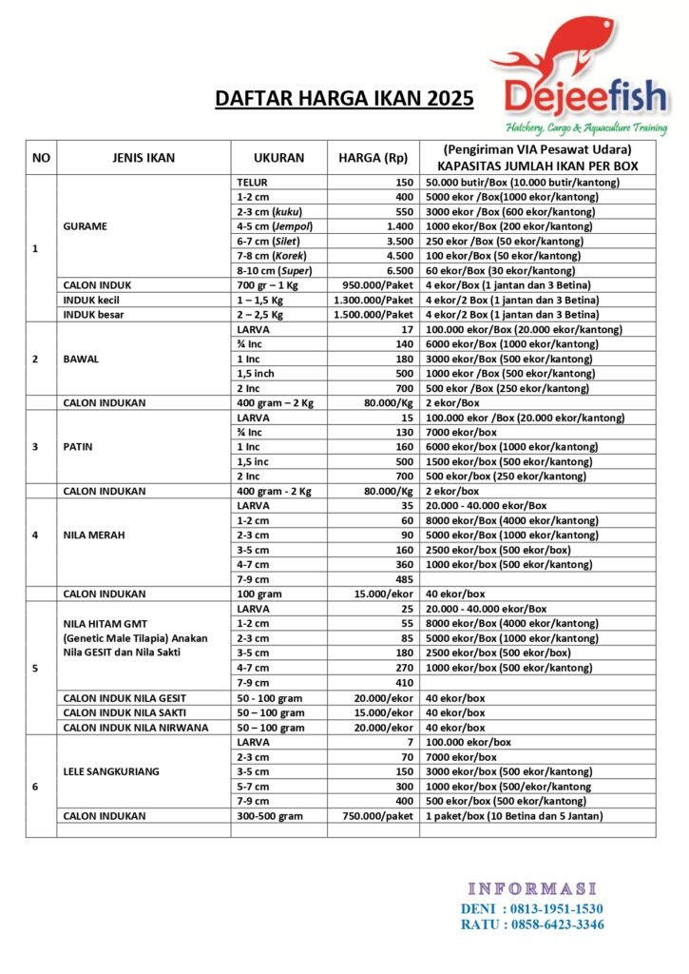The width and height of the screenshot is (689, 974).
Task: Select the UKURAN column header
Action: pyautogui.click(x=278, y=158)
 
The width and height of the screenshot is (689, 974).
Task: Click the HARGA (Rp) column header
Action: pyautogui.click(x=373, y=158)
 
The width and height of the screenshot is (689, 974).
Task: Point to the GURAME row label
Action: pyautogui.click(x=85, y=226)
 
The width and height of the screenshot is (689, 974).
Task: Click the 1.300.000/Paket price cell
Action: pyautogui.click(x=373, y=300)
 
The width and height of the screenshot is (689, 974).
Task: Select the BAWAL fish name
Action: pyautogui.click(x=82, y=359)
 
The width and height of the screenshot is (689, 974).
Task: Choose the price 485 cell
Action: pyautogui.click(x=402, y=578)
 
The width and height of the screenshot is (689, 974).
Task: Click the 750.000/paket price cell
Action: pyautogui.click(x=380, y=815)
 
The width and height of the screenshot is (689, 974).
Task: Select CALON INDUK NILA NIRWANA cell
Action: pyautogui.click(x=137, y=727)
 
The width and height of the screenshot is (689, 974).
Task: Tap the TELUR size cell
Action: pyautogui.click(x=251, y=182)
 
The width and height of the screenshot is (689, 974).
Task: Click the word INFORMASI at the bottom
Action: pyautogui.click(x=531, y=888)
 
